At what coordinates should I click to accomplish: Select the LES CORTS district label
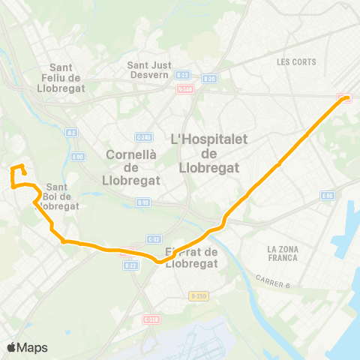(x=295, y=62)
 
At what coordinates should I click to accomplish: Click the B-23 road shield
(x=182, y=76)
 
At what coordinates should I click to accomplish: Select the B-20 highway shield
(x=210, y=79)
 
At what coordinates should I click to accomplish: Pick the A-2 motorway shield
(x=72, y=133)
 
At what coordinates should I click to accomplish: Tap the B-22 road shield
(x=130, y=265)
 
